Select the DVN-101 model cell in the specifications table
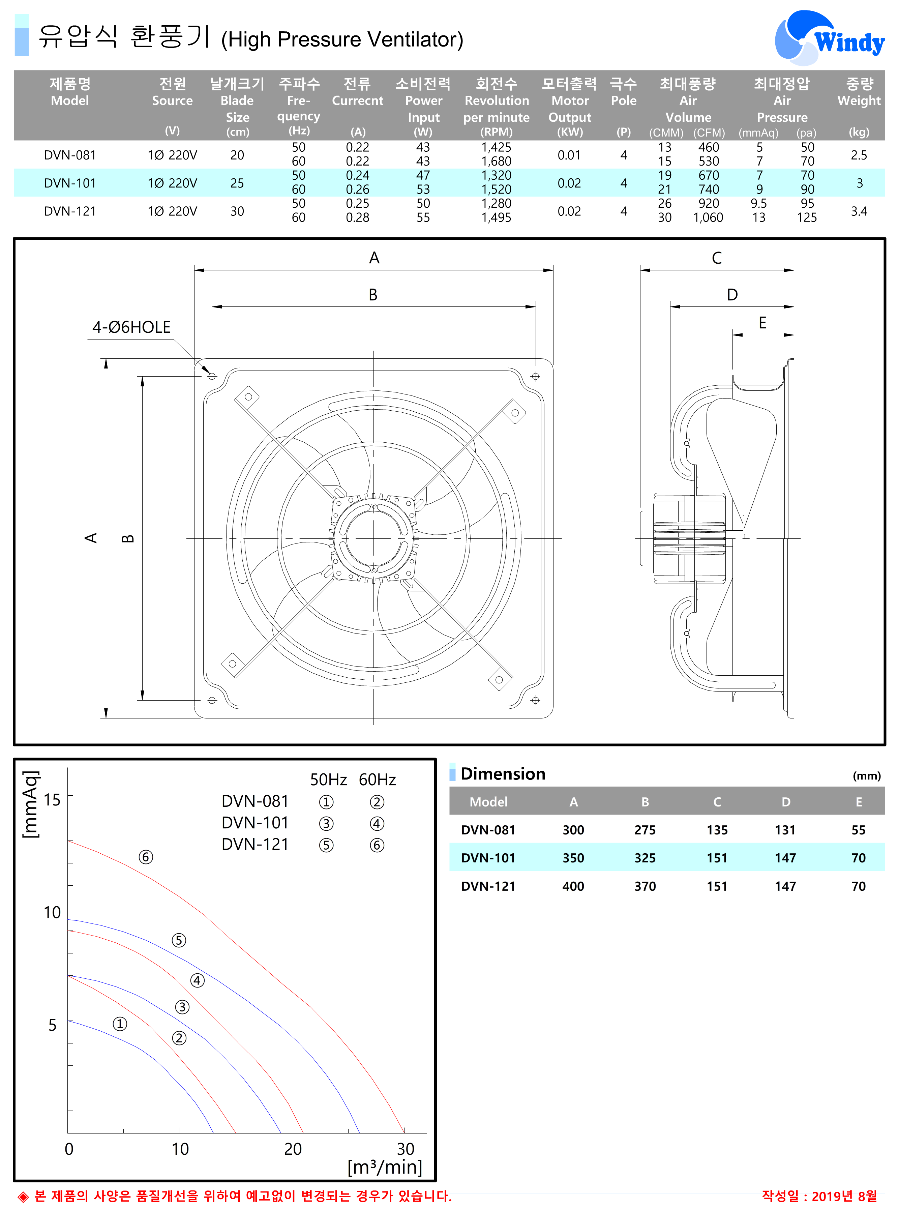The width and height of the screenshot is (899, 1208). point(70,183)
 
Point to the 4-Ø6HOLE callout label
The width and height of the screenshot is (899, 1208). point(131,327)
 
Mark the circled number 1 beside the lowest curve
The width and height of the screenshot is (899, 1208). point(120,1024)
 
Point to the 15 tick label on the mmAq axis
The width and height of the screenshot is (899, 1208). point(52,800)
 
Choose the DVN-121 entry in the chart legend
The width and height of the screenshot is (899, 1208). point(255,845)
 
